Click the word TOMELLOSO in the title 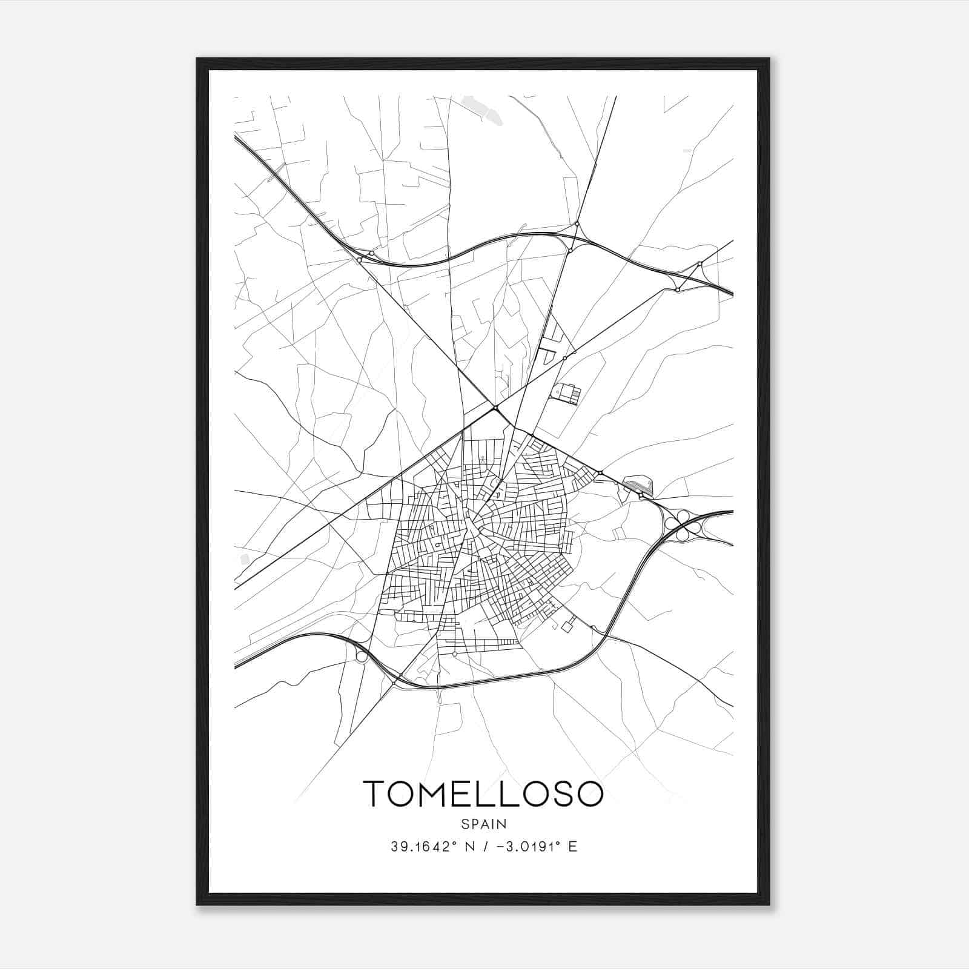click(483, 794)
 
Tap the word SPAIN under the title click(483, 824)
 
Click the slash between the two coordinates click(483, 847)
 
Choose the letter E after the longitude click(573, 847)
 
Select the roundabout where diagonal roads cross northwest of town click(495, 408)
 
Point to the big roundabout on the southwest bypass click(362, 656)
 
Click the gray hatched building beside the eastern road click(637, 484)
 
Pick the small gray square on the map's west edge click(245, 558)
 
